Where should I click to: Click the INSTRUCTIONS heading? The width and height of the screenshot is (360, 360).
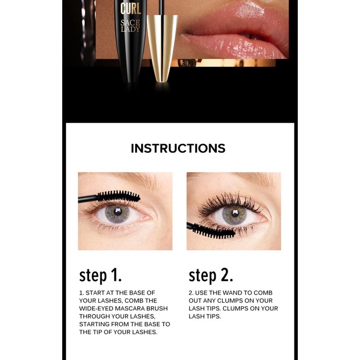178,149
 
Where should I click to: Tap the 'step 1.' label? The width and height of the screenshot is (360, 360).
100,275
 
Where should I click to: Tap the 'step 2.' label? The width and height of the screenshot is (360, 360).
211,275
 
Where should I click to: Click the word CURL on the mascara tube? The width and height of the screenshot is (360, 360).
130,8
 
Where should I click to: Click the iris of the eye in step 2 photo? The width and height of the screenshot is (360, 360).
234,215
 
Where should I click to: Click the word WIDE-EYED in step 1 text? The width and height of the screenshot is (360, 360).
97,308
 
